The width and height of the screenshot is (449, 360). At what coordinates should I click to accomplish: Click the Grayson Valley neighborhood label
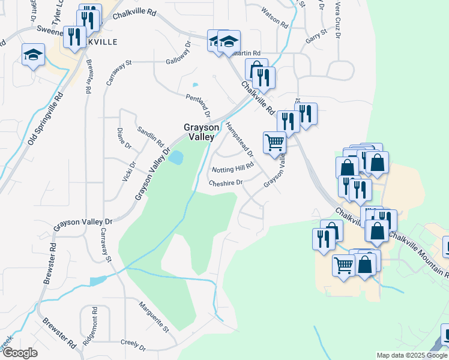(x=198, y=132)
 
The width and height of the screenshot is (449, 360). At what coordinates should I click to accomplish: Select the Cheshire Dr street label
(x=226, y=182)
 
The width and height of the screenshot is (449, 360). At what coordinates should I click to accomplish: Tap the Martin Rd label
(x=247, y=53)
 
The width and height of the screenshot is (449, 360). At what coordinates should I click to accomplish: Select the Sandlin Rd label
(x=150, y=137)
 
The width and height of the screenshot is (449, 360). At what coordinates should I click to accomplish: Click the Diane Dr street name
(x=124, y=138)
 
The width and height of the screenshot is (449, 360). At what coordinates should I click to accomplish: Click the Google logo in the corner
(x=20, y=353)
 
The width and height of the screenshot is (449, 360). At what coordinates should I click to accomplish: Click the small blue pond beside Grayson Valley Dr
(x=176, y=158)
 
